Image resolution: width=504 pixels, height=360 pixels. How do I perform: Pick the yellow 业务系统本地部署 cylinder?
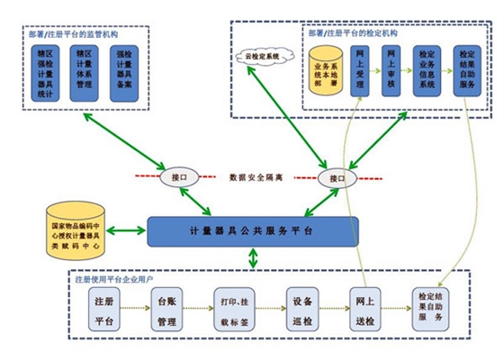pyautogui.click(x=325, y=72)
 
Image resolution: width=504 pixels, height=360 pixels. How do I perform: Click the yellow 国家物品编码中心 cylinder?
pyautogui.click(x=77, y=229)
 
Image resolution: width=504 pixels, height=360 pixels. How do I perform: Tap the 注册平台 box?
pyautogui.click(x=103, y=309)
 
